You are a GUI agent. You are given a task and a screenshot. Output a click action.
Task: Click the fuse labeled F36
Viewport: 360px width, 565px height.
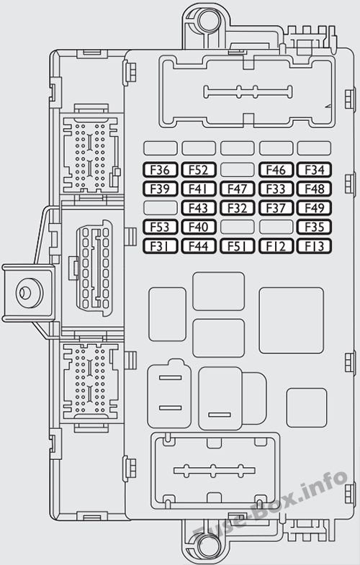click(x=161, y=170)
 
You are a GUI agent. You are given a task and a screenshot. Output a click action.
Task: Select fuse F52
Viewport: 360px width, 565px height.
click(x=199, y=170)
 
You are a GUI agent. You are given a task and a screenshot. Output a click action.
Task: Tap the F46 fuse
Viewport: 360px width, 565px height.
click(x=276, y=170)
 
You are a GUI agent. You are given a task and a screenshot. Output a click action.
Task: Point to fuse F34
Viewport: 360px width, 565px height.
click(x=314, y=170)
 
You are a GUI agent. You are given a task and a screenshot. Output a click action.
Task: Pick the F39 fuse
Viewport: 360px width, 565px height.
click(x=161, y=189)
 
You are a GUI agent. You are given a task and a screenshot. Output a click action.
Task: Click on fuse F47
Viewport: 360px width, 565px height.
click(x=238, y=189)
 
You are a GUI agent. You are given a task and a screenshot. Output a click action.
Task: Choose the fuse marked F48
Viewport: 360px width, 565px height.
click(x=314, y=189)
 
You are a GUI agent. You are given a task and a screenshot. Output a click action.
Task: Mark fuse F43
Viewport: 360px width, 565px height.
click(x=199, y=208)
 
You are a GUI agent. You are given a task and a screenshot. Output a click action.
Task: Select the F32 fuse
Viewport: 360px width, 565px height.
click(x=238, y=208)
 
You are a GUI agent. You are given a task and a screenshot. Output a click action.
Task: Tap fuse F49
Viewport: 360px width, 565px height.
click(x=314, y=208)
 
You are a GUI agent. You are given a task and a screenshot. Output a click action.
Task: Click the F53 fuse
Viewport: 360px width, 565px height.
click(x=161, y=227)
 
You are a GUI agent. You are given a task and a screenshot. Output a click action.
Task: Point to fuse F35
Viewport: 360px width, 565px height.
click(x=314, y=227)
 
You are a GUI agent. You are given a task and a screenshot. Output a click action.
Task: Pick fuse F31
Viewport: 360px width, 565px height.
click(x=161, y=246)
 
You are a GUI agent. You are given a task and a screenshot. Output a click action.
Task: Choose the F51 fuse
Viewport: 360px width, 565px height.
click(x=238, y=246)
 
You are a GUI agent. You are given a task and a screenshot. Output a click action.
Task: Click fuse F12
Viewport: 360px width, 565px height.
click(x=276, y=246)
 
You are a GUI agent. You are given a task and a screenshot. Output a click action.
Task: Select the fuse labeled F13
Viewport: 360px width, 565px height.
click(x=314, y=246)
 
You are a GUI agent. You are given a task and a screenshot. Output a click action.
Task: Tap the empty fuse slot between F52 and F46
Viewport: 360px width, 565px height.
click(x=238, y=170)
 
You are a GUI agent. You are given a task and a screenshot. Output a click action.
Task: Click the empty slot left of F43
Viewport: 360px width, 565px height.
click(x=161, y=208)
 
